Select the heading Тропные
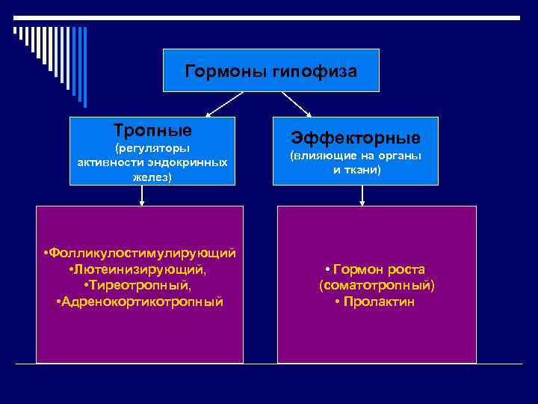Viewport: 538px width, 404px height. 152,129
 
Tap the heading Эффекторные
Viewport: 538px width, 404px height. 355,138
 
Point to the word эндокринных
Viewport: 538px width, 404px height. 191,162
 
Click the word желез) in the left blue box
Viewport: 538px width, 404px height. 152,177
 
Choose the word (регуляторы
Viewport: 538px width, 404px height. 152,147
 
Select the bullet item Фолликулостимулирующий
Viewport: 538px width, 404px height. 143,253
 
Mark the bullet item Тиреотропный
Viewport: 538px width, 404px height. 140,286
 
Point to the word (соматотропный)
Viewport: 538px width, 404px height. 377,286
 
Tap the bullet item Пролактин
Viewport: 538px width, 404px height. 378,302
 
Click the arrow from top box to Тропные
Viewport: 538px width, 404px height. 224,104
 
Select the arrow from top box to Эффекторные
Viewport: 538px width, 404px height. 296,104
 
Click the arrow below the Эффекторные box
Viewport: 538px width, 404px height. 362,195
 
